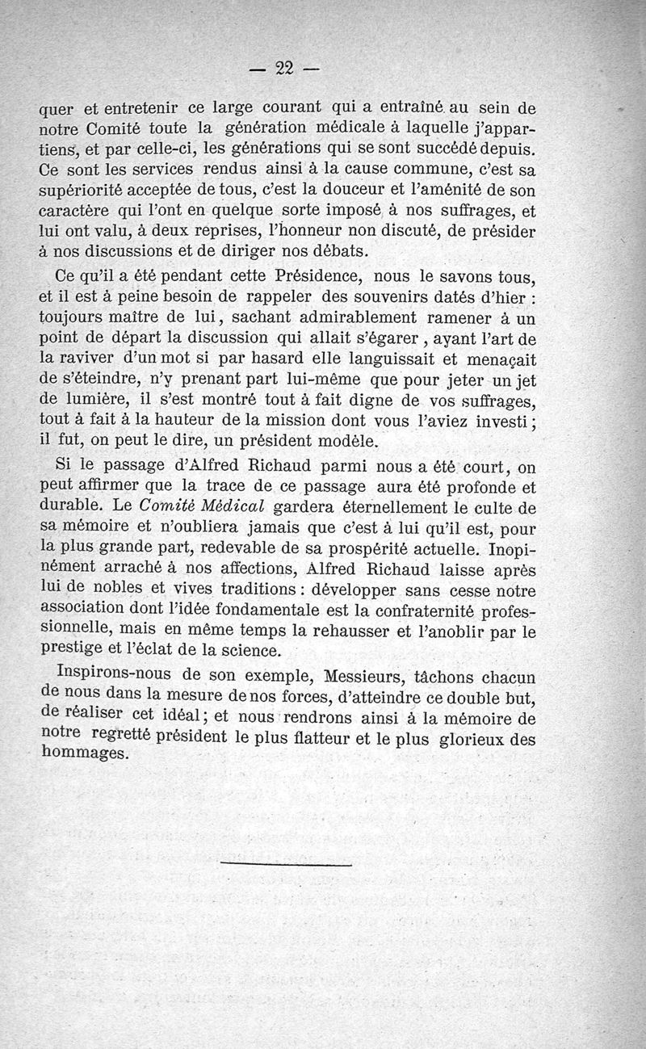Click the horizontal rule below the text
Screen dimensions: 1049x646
286,865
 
